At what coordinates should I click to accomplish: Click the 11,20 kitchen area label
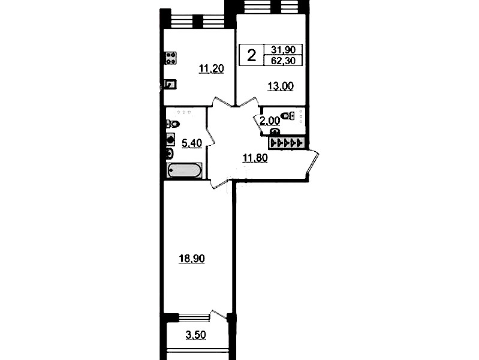pos(212,69)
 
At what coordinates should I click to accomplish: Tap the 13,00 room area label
pos(281,86)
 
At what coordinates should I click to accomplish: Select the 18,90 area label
pos(192,259)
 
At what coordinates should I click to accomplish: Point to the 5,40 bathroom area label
pos(192,143)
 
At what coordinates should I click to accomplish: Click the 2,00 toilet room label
pos(270,121)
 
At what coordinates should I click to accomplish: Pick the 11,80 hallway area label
pos(255,158)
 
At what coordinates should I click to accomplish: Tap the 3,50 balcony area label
pos(196,335)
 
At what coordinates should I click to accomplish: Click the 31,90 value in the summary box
pos(283,50)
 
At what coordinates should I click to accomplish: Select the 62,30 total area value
pos(283,61)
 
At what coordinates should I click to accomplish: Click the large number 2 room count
pos(251,56)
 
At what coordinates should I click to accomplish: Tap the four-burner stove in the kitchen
pos(171,58)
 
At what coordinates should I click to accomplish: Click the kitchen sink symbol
pos(170,84)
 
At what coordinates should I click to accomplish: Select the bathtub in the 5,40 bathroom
pos(185,170)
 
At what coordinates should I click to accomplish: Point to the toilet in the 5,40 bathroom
pos(173,124)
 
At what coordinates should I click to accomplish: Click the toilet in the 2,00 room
pos(288,116)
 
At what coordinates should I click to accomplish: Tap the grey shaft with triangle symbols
pos(286,143)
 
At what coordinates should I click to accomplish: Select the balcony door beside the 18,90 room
pos(219,316)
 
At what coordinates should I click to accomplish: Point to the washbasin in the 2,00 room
pos(275,131)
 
